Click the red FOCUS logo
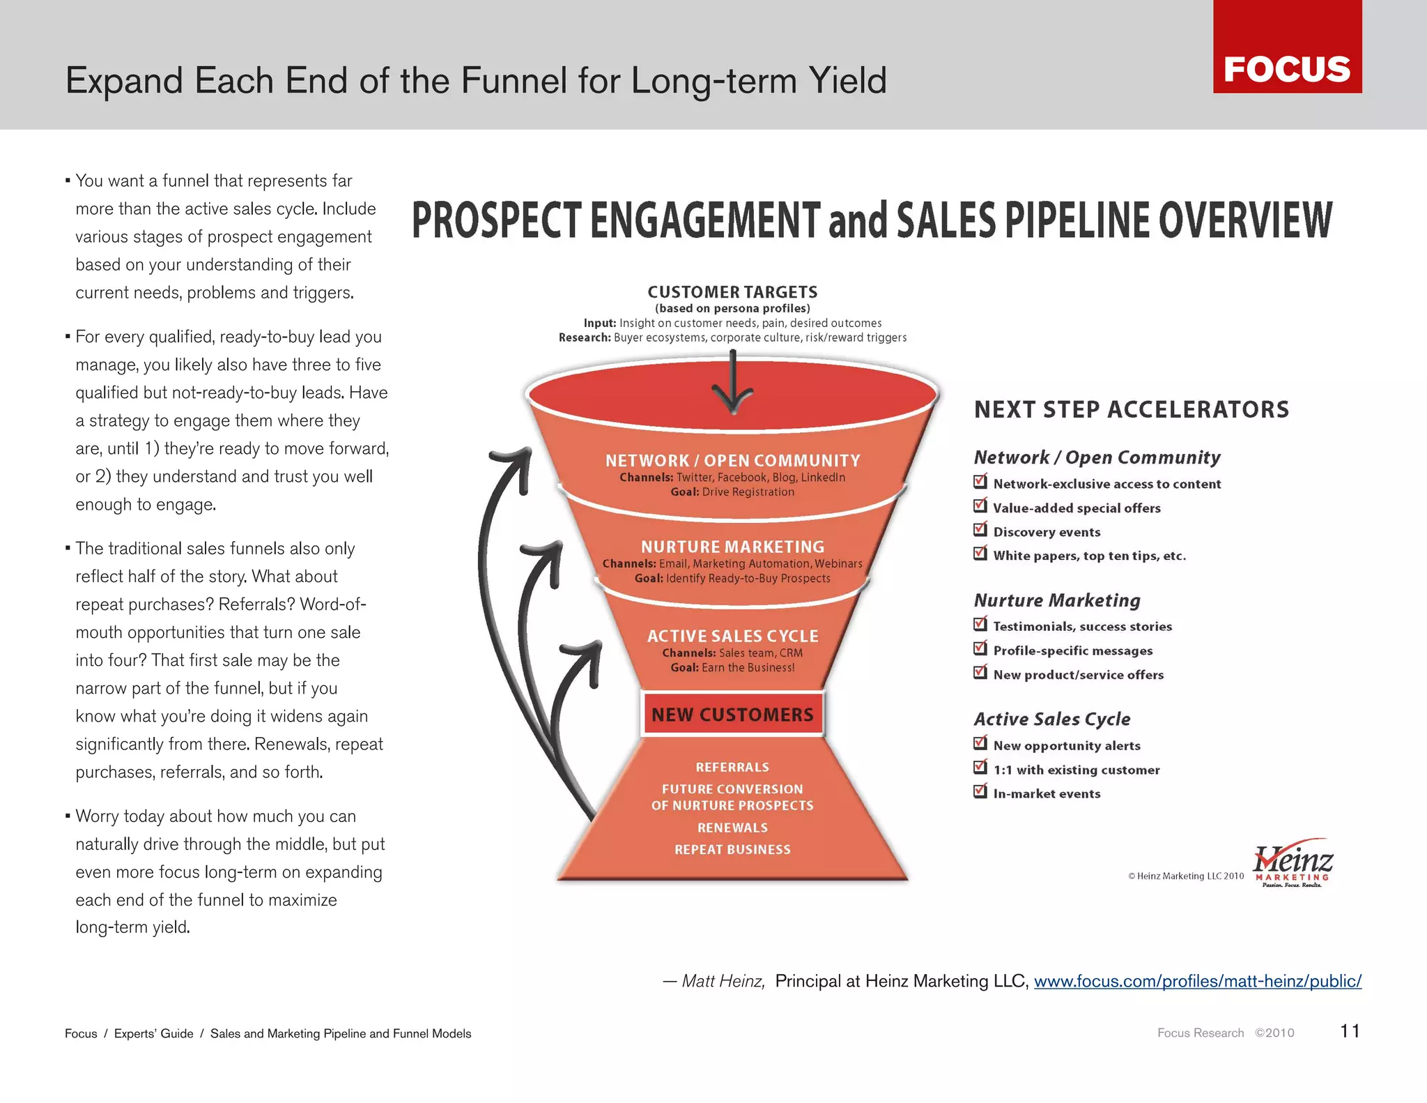coord(1287,47)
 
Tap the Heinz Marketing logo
coord(1293,864)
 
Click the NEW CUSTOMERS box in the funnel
coord(732,715)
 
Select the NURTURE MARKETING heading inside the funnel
coord(732,547)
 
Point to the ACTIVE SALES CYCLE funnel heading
coord(732,636)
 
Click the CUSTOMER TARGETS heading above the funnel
coord(732,292)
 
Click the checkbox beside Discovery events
coord(980,530)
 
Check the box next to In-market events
coord(980,791)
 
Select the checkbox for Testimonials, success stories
coord(980,624)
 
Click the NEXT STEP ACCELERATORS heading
coord(1132,409)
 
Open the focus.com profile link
coord(1197,982)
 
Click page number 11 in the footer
coord(1350,1031)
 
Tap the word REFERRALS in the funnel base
coord(732,767)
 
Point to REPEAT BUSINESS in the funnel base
coord(732,849)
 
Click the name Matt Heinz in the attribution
coord(723,982)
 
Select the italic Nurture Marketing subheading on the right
coord(1057,600)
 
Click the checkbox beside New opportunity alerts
coord(980,743)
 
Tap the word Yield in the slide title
coord(847,81)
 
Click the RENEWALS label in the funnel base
coord(732,828)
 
